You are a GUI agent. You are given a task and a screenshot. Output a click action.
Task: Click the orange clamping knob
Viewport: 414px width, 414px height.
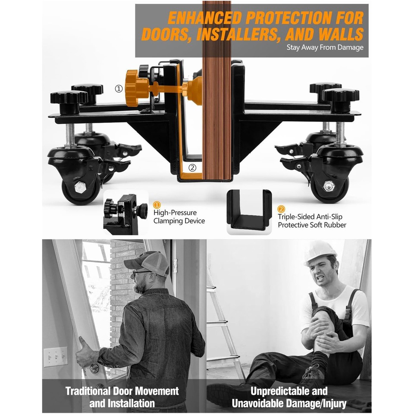tap(137, 85)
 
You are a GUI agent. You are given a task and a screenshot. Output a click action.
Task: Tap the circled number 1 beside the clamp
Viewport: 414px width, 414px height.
tap(119, 88)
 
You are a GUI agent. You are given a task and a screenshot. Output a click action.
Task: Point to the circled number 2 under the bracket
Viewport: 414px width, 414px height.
tap(192, 168)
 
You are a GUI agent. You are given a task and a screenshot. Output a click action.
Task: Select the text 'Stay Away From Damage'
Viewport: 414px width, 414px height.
tap(325, 47)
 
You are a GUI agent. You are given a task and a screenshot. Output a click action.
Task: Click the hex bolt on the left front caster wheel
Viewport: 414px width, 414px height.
tap(80, 187)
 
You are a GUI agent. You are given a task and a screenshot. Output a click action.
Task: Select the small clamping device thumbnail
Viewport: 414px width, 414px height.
tap(125, 214)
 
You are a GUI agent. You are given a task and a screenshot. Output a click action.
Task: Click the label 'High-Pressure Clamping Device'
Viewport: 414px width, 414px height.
tap(179, 217)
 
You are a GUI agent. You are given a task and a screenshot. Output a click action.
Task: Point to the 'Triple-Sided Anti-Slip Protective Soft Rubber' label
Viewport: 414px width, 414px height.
tap(311, 221)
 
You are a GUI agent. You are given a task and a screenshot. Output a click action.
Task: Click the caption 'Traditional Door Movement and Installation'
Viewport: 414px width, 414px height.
tap(122, 397)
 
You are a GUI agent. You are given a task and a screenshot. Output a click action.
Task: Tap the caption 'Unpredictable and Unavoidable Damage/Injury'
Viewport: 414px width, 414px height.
tap(289, 397)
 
